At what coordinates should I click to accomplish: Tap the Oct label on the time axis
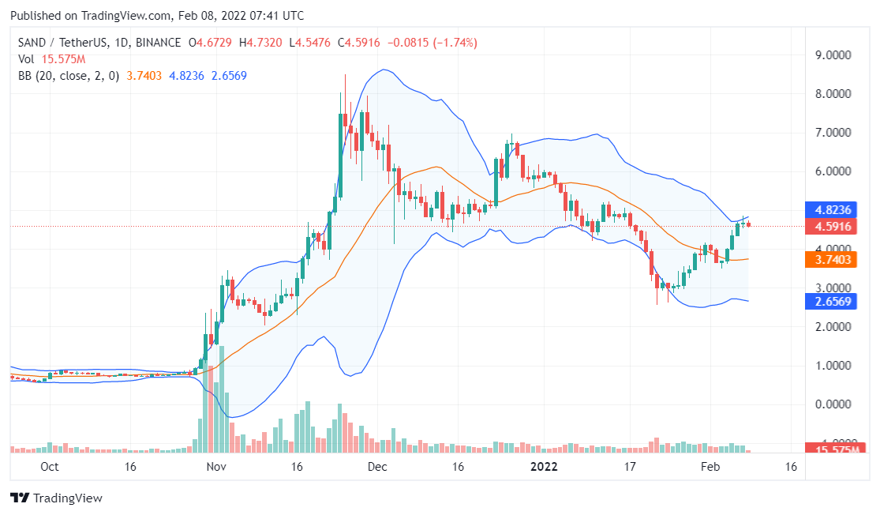pyautogui.click(x=49, y=467)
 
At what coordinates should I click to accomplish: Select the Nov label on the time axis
pyautogui.click(x=216, y=467)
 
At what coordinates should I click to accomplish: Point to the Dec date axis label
pyautogui.click(x=377, y=467)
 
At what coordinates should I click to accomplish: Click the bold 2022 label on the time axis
pyautogui.click(x=544, y=467)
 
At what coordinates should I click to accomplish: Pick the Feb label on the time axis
pyautogui.click(x=711, y=467)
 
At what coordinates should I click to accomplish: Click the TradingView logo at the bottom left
pyautogui.click(x=56, y=498)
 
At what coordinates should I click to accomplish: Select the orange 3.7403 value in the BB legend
pyautogui.click(x=144, y=76)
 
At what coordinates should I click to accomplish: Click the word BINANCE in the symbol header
pyautogui.click(x=156, y=43)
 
